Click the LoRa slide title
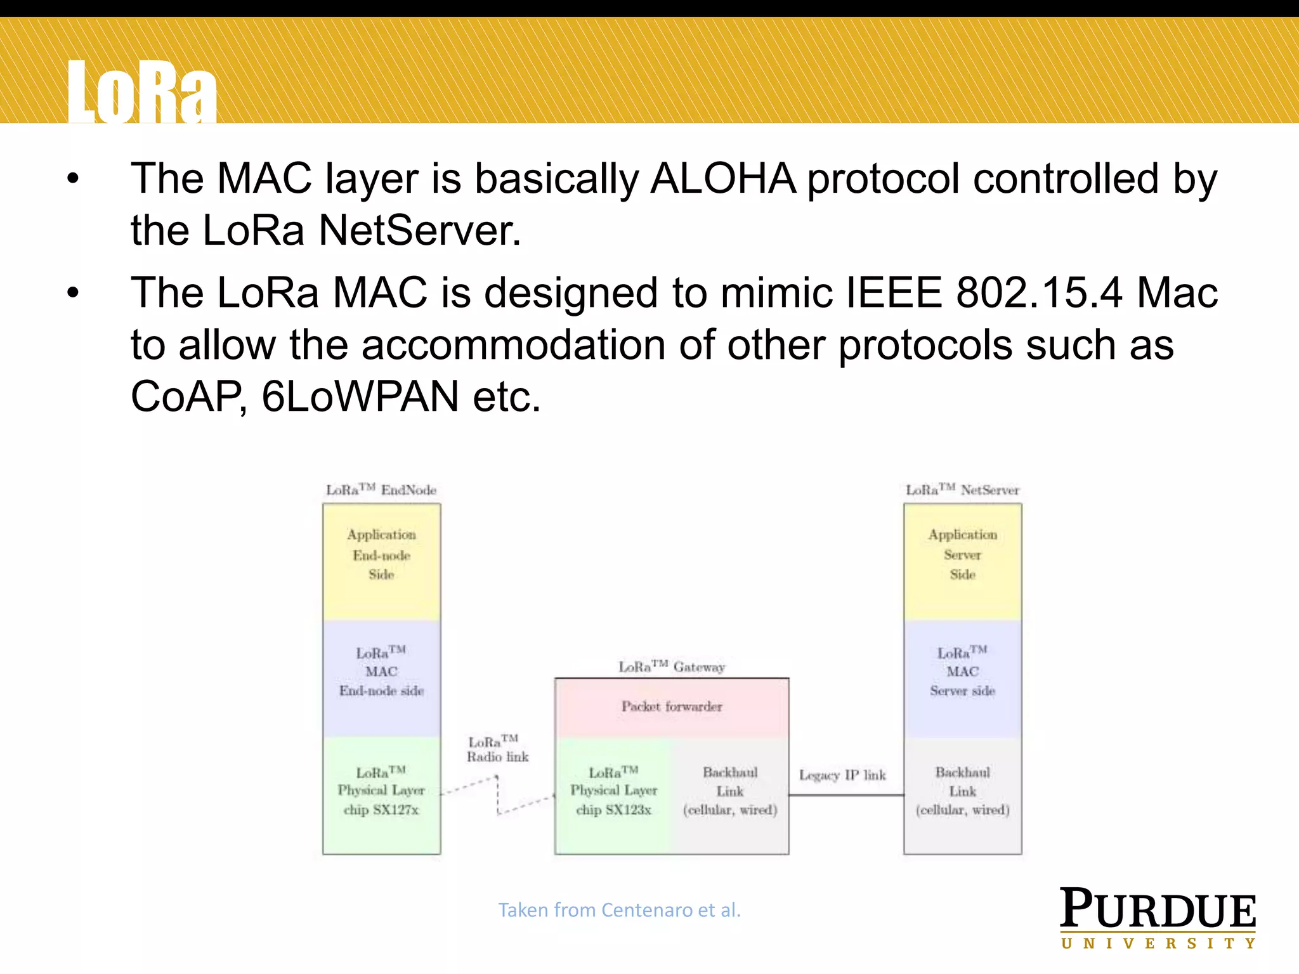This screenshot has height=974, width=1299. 142,92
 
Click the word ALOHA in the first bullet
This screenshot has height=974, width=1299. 723,179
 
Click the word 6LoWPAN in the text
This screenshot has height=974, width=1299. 360,397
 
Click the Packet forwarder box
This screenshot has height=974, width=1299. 672,707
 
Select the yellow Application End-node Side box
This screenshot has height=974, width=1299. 381,561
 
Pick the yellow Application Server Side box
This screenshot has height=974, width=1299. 962,561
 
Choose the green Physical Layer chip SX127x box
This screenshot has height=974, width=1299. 381,795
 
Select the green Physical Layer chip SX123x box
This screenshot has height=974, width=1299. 613,795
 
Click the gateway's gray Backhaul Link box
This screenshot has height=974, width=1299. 729,795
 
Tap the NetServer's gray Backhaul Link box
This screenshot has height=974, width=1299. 962,795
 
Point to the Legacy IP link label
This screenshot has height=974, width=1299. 842,775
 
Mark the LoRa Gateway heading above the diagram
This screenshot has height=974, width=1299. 672,666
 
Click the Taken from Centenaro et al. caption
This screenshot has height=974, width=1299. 619,910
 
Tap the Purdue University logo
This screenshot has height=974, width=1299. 1158,918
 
